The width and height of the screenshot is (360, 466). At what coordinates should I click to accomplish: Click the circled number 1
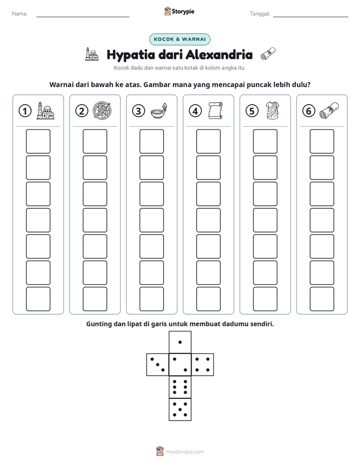click(25, 111)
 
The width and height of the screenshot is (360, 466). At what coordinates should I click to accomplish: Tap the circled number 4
click(195, 111)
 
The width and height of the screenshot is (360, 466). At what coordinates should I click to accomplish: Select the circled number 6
click(309, 111)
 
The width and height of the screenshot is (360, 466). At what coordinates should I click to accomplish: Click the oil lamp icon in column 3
click(159, 111)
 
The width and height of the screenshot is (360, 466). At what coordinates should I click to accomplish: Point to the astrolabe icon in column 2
click(102, 111)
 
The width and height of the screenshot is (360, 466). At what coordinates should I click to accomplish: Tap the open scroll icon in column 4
click(215, 111)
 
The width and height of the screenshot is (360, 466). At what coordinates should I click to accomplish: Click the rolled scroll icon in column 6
click(329, 111)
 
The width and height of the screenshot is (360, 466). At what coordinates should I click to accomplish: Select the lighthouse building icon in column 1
click(45, 111)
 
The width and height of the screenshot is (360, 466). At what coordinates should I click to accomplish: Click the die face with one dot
click(180, 342)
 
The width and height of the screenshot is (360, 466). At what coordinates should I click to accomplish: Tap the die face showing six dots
click(180, 387)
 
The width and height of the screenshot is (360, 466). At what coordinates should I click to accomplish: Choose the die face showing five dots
click(180, 409)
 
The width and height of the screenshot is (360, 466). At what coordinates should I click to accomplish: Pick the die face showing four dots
click(202, 365)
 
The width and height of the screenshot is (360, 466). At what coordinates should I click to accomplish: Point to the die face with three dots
click(158, 365)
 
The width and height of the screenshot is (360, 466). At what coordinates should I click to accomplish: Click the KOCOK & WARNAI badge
click(179, 39)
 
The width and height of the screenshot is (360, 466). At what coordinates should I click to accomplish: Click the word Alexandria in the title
click(219, 54)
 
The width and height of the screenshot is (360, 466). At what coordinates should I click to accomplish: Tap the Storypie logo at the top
click(179, 12)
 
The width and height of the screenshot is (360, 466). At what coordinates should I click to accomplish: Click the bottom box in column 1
click(38, 299)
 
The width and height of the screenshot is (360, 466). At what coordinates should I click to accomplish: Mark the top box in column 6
click(322, 141)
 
